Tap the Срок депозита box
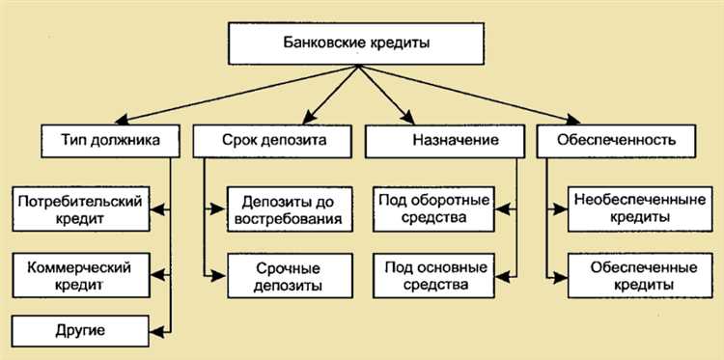tap(273, 141)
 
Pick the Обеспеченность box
tap(618, 141)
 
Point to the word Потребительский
tap(79, 202)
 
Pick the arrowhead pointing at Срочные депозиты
tap(221, 275)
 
